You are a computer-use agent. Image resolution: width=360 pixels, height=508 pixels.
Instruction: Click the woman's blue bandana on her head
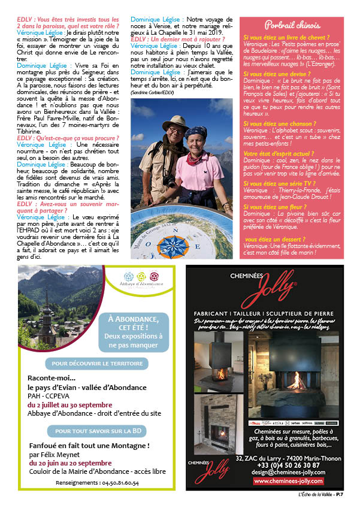194,132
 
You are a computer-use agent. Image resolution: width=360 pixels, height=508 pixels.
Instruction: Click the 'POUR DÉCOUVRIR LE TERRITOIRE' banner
90,363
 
